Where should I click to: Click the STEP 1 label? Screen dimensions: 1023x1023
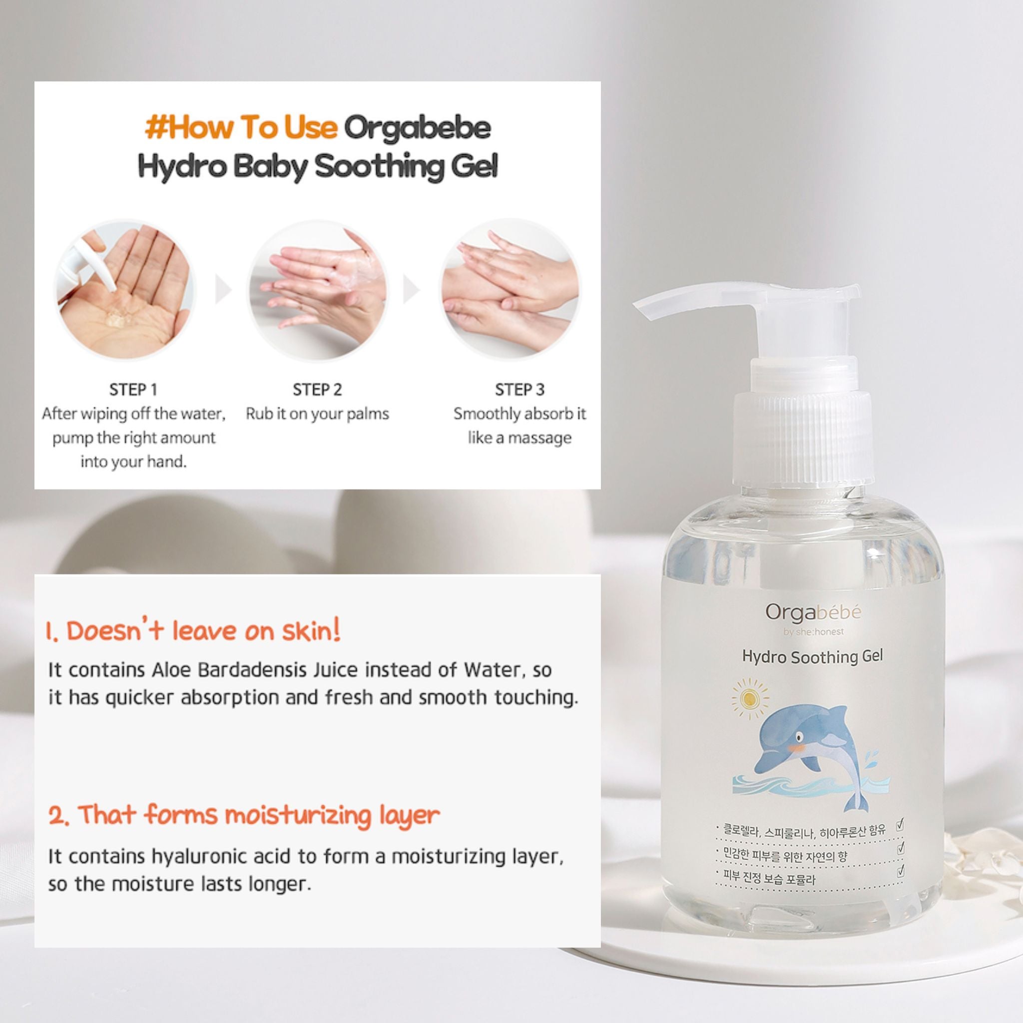click(133, 390)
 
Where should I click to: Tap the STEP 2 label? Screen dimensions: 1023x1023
click(317, 390)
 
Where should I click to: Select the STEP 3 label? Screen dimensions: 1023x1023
click(519, 390)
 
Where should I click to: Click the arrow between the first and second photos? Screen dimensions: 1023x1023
click(223, 290)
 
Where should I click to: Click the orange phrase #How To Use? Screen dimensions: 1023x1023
click(241, 128)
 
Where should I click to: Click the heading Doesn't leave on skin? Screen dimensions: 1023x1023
click(193, 631)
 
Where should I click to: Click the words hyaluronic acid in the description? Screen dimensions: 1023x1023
click(221, 856)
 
